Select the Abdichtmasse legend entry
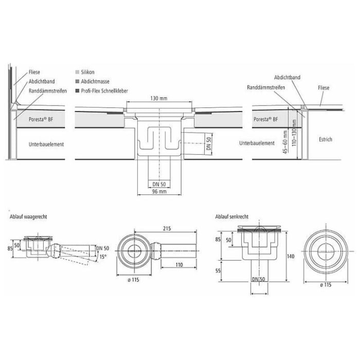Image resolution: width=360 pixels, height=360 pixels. tap(92, 82)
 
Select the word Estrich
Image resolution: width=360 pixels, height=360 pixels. tap(325, 139)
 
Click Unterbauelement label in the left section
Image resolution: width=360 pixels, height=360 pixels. tap(46, 145)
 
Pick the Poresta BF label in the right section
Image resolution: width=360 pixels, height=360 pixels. tap(267, 119)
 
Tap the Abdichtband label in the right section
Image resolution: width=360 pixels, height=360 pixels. tap(287, 77)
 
